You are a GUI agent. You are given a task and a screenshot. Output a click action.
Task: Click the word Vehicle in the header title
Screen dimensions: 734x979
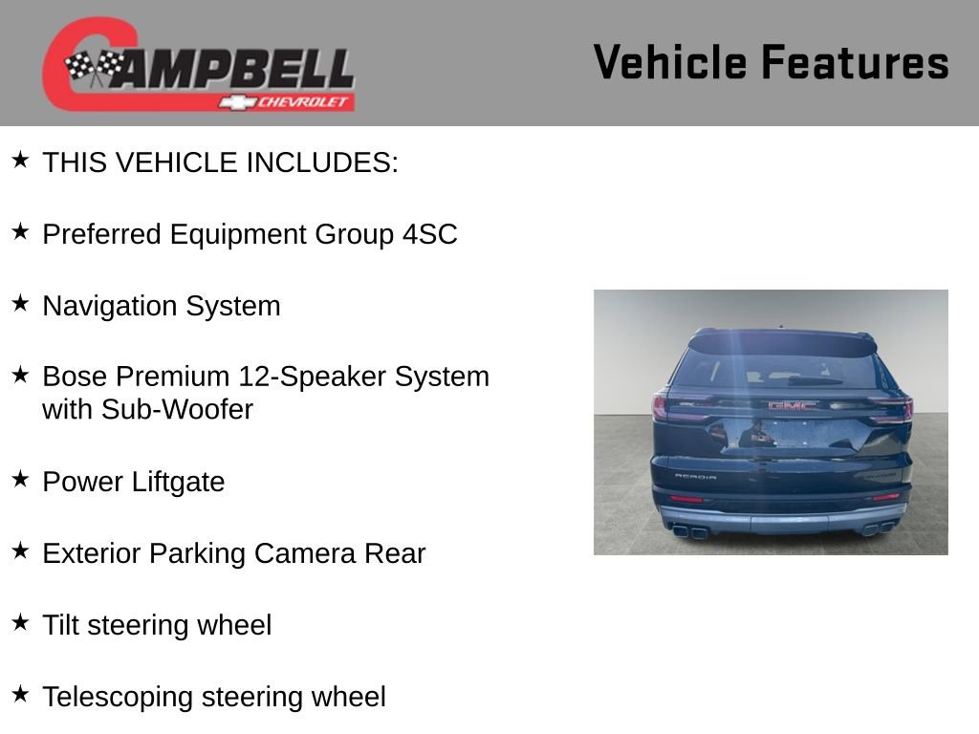tap(671, 63)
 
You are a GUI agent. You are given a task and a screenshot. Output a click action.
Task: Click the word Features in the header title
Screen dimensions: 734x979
tap(855, 63)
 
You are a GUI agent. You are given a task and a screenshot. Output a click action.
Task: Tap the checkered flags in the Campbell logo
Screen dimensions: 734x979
tap(94, 68)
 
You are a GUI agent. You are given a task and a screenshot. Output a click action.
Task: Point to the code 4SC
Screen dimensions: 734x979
tap(430, 234)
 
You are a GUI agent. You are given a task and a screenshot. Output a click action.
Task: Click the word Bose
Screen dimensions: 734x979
tap(75, 377)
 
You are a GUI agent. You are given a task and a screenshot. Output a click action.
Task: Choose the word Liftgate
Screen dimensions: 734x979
tap(175, 482)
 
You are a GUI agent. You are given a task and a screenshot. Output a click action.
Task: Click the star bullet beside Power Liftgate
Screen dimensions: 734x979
tap(20, 480)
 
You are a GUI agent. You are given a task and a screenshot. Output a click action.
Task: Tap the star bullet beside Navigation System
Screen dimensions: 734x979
tap(20, 304)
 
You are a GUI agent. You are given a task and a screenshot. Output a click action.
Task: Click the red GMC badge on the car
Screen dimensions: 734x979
tap(793, 405)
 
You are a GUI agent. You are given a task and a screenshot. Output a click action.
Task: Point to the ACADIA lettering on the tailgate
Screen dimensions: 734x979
tap(695, 475)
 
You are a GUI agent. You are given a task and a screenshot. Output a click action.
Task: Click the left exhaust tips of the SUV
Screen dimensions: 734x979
tap(690, 530)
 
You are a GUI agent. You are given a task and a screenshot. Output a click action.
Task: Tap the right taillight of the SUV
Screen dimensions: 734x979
tap(895, 409)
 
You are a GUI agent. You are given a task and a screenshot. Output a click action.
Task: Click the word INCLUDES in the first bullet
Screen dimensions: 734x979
tap(321, 162)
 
